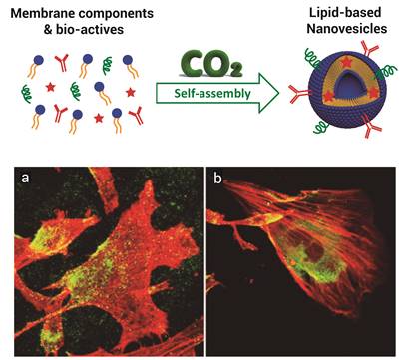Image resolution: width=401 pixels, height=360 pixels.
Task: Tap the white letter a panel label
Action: click(x=28, y=181)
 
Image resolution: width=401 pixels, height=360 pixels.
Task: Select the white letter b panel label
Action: click(x=217, y=181)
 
